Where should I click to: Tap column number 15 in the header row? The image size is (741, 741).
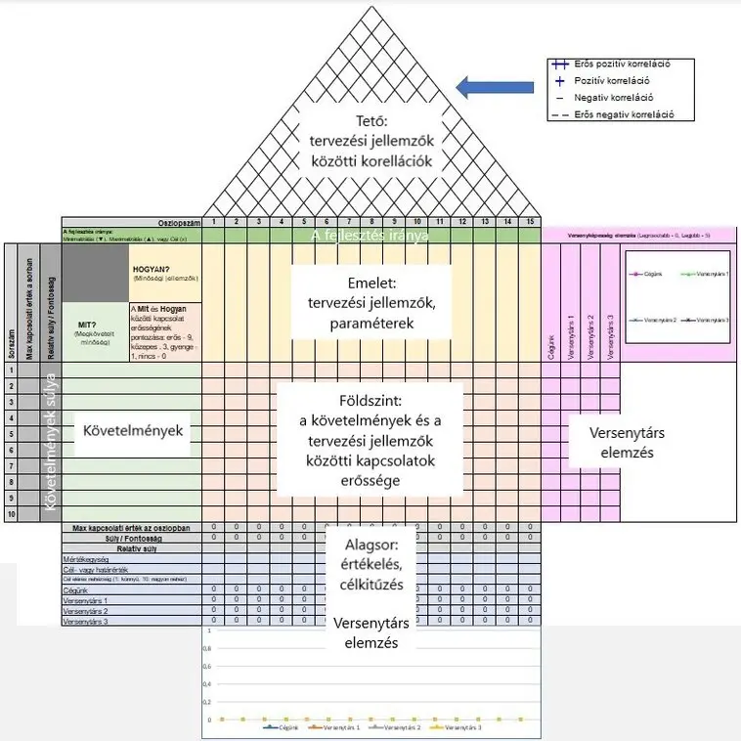530,223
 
